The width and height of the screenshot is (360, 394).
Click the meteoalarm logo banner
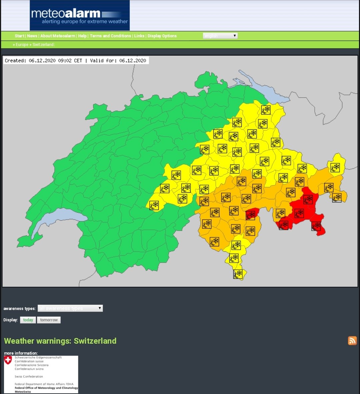[79, 16]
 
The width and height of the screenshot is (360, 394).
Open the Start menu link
[19, 36]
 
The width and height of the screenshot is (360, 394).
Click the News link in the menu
[32, 36]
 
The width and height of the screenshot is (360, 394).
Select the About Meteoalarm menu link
[58, 36]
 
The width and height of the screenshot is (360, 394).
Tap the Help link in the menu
[82, 36]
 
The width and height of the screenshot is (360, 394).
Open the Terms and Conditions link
[110, 36]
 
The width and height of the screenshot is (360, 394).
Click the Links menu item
[139, 36]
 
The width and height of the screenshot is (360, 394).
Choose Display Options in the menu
[162, 36]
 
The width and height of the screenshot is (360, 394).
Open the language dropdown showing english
[220, 36]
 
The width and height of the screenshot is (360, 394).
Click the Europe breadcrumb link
[22, 45]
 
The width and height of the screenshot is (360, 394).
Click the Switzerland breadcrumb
[43, 45]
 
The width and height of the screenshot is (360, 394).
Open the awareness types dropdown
[70, 308]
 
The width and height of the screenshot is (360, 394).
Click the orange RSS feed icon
[352, 340]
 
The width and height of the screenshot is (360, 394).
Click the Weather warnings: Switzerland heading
[60, 341]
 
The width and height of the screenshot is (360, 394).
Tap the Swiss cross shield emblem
[8, 360]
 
